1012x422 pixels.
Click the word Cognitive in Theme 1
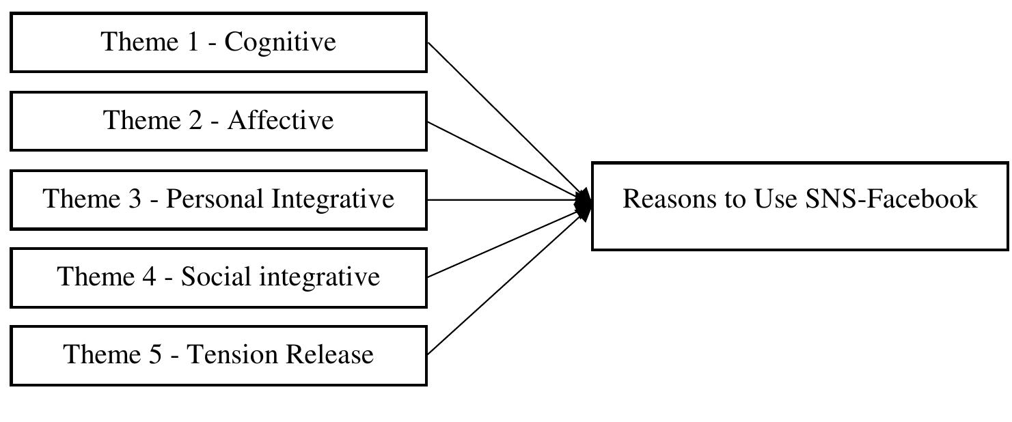point(280,42)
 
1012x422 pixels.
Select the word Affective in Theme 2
point(280,121)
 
